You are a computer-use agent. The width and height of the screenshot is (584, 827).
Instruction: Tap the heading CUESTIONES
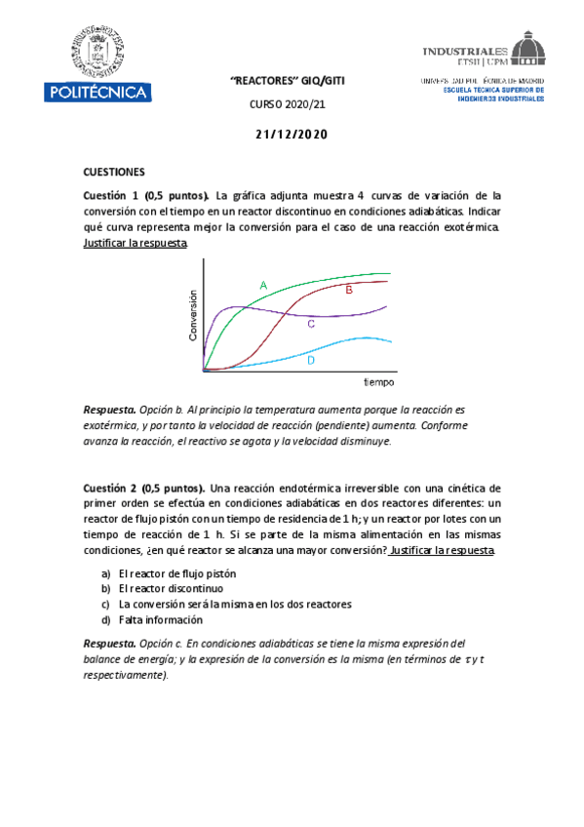click(x=114, y=169)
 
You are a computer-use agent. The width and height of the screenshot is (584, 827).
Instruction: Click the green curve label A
click(x=263, y=285)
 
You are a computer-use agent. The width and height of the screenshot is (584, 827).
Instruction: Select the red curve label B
click(x=349, y=290)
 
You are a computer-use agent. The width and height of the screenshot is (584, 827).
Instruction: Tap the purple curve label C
click(x=310, y=323)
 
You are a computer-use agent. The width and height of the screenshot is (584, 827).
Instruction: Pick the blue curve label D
click(x=310, y=360)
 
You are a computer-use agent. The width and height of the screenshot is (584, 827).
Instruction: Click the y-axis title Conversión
click(x=193, y=315)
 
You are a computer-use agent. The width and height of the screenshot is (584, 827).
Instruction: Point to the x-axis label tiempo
click(x=379, y=381)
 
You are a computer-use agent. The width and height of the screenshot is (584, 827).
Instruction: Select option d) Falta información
click(x=161, y=619)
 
